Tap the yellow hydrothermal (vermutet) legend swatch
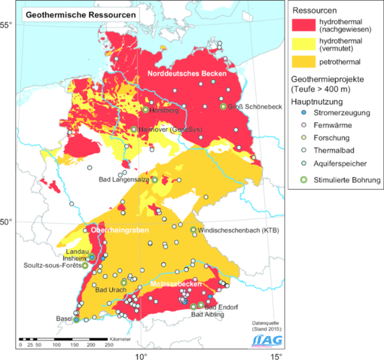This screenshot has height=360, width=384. pos(306,46)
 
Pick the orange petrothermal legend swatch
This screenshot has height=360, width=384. pos(306,65)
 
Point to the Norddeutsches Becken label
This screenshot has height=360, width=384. pos(182,74)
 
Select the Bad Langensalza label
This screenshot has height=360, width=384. pos(125,180)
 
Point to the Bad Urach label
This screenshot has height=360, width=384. pos(110,290)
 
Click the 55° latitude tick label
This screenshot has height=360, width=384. pos(7,25)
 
